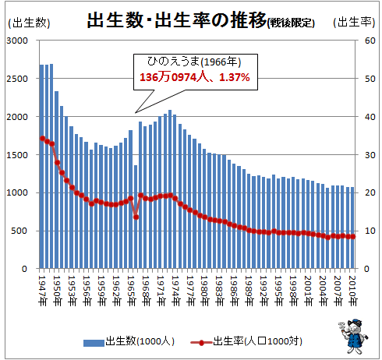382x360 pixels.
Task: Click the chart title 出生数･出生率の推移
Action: click(177, 20)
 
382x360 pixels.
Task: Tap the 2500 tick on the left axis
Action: click(17, 79)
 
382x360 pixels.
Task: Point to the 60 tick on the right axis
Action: click(370, 41)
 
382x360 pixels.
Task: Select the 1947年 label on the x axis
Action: click(42, 291)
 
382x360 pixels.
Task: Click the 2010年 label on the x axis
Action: click(352, 291)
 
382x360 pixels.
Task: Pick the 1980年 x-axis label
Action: click(204, 291)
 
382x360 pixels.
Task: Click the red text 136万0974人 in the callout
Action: click(174, 77)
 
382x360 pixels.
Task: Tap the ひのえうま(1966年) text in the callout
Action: click(194, 62)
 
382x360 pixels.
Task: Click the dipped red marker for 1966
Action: click(136, 217)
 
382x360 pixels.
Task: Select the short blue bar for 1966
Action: click(136, 217)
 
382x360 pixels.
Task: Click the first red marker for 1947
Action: click(42, 138)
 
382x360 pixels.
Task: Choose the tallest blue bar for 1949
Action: click(51, 166)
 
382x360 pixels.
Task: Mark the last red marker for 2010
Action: click(352, 237)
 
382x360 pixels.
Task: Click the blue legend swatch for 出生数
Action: click(94, 343)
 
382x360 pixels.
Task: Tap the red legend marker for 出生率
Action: click(201, 343)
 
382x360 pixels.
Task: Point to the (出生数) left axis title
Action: click(29, 23)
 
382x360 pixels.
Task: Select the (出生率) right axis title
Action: click(354, 23)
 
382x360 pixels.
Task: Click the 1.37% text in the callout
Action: click(235, 77)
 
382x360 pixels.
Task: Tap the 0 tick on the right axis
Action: click(366, 269)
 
